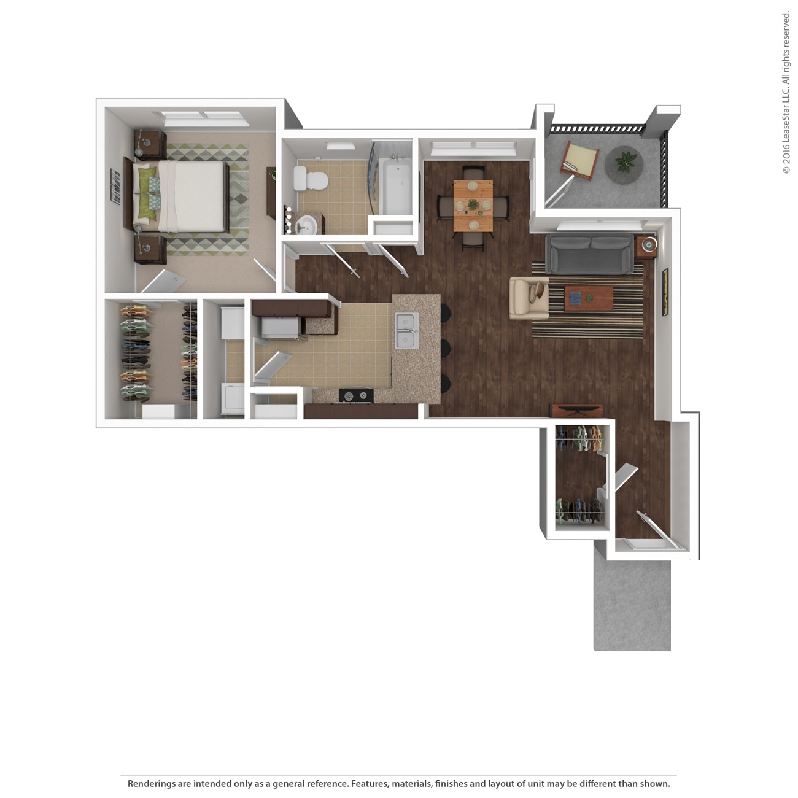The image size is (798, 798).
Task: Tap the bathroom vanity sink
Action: pyautogui.click(x=306, y=225)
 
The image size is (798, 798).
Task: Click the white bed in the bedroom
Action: pyautogui.click(x=190, y=196)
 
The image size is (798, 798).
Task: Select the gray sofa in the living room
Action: pyautogui.click(x=589, y=254)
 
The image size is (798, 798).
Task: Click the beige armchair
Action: pyautogui.click(x=528, y=298)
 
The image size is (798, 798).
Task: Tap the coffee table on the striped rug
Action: pyautogui.click(x=589, y=298)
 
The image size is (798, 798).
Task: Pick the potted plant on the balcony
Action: pyautogui.click(x=625, y=163)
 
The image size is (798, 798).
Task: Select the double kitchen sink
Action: pyautogui.click(x=406, y=330)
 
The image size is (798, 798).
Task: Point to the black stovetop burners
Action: pyautogui.click(x=357, y=396)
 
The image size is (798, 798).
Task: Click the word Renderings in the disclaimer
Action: pyautogui.click(x=151, y=784)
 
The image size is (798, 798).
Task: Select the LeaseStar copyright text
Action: pyautogui.click(x=786, y=92)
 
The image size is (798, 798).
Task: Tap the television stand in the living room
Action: pyautogui.click(x=576, y=411)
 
